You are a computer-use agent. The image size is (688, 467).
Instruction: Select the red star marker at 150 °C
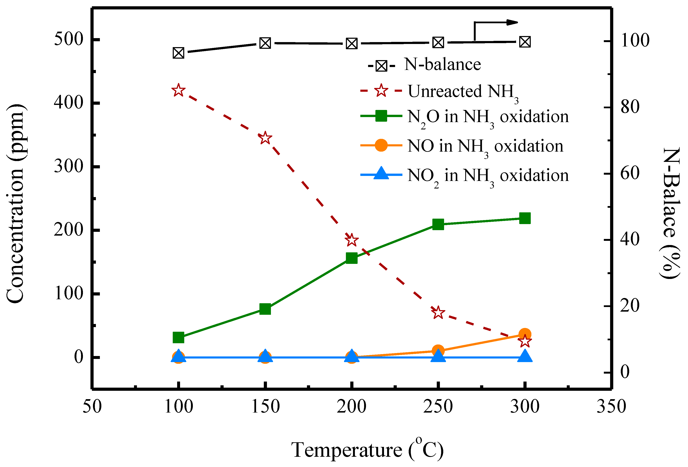pos(265,138)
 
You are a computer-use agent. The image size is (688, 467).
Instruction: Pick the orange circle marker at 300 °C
pos(525,334)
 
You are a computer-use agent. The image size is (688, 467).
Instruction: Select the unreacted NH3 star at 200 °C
pos(351,240)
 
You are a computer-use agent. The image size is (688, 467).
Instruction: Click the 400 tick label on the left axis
pos(68,103)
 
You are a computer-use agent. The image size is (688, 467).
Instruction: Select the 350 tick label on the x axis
pos(611,406)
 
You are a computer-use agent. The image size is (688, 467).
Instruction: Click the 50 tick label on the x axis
pos(92,406)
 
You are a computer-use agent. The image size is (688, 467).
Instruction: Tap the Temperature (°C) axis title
pos(367,450)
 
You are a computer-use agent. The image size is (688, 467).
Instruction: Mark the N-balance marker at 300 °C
pos(525,42)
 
